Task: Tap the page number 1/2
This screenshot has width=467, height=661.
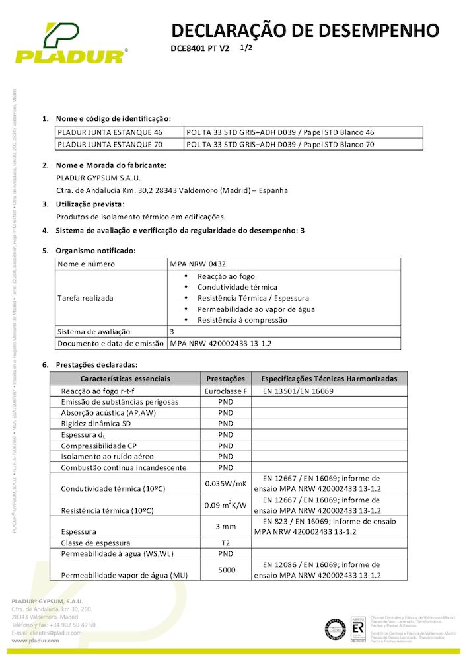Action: click(246, 48)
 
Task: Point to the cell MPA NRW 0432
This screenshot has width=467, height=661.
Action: click(193, 264)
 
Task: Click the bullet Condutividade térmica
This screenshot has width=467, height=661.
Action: click(237, 287)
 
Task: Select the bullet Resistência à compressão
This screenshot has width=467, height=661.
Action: click(242, 320)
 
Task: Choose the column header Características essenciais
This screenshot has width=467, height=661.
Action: click(125, 379)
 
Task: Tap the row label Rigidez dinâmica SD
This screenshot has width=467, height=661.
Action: click(96, 423)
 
